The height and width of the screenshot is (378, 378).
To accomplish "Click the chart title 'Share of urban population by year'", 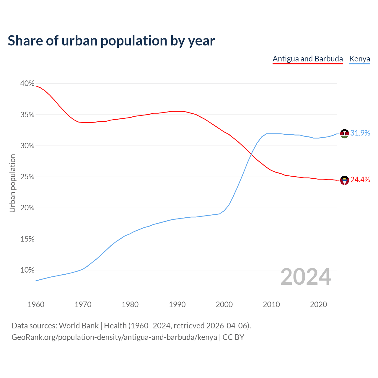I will click(111, 41).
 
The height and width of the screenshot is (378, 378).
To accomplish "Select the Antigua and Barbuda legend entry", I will click(307, 59).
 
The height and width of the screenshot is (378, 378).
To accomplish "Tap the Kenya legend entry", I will click(359, 59).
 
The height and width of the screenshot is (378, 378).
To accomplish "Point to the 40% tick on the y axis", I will click(27, 84).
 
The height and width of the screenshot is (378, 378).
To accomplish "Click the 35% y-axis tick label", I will click(27, 115).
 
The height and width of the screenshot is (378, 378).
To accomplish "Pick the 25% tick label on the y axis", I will click(27, 177).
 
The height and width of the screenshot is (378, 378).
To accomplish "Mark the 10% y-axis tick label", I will click(27, 270).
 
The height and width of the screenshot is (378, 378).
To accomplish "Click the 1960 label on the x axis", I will click(36, 304).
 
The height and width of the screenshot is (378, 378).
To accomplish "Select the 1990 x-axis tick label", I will click(177, 304).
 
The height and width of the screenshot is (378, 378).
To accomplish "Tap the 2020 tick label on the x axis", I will click(318, 304).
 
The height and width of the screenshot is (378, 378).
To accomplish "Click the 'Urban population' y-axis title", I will click(12, 183).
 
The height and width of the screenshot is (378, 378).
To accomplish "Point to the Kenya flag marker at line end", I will click(344, 133).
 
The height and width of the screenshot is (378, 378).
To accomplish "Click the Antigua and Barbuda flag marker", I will click(344, 180).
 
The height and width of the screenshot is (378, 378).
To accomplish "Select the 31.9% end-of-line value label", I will click(360, 133).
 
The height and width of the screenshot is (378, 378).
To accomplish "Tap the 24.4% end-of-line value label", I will click(360, 180).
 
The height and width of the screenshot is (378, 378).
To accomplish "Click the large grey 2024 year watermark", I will click(306, 277).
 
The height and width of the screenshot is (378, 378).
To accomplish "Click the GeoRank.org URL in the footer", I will click(114, 337).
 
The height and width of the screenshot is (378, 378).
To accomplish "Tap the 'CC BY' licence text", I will click(233, 337).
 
